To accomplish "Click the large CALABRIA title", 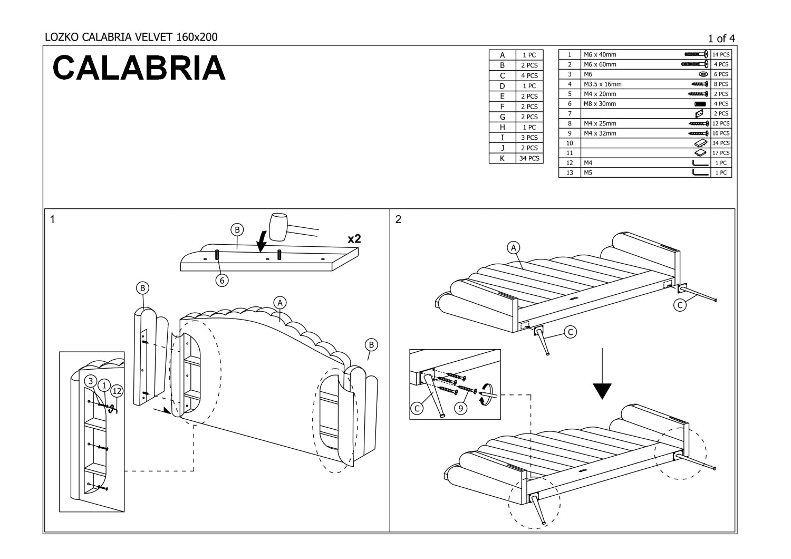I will click(139, 68).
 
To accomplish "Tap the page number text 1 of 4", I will click(721, 38).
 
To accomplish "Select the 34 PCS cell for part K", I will click(529, 158).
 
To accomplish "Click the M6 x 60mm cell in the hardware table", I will click(600, 64).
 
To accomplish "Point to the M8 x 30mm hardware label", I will click(600, 104).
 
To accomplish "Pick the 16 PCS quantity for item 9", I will click(721, 133).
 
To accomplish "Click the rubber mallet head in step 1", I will click(277, 227).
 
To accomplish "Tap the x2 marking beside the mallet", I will click(354, 239).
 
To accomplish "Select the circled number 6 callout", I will click(222, 281).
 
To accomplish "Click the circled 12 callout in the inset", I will click(117, 391).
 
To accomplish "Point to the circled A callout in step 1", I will click(280, 302).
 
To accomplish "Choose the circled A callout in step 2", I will click(514, 247).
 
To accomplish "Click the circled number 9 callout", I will click(461, 408).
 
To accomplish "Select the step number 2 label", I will click(398, 220).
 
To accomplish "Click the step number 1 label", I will click(52, 220).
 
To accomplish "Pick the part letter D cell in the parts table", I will click(502, 86).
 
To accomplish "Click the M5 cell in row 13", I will click(589, 172).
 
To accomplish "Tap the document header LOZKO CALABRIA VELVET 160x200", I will click(131, 37).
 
